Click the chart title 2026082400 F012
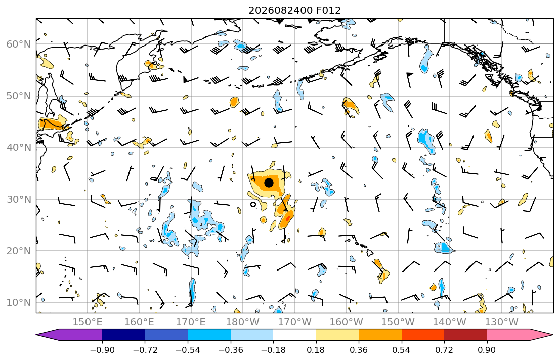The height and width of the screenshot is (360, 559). coord(294,10)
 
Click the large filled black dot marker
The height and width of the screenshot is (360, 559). coord(269,183)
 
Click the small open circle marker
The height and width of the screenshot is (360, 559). coord(253,205)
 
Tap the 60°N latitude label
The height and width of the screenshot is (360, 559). coord(19,44)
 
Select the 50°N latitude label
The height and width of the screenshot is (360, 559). coord(19,96)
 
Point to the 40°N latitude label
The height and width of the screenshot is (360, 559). coord(19,148)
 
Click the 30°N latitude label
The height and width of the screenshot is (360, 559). coord(19,199)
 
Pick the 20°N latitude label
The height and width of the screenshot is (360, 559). coord(19,251)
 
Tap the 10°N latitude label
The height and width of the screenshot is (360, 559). coord(19,303)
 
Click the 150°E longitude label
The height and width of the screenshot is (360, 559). coord(88,322)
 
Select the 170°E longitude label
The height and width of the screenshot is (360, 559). coord(191,322)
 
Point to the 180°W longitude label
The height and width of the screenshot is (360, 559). coord(243,322)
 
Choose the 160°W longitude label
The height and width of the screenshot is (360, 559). coord(346,322)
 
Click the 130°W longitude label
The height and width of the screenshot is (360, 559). coord(502,322)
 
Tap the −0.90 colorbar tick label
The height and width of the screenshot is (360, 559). coord(102,350)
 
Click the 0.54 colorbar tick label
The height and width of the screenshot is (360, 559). coord(402,350)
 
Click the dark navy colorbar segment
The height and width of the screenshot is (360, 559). coord(123,335)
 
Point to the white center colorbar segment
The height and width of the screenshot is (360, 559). coord(294,335)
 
